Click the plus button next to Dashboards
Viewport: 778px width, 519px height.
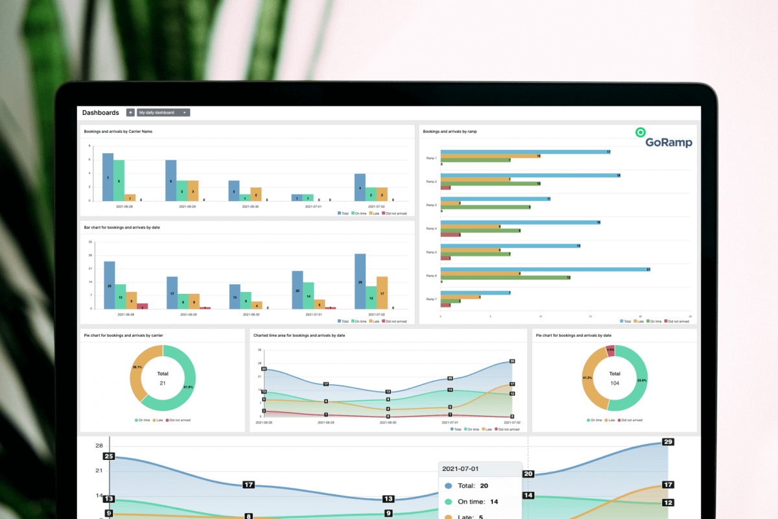tap(130, 112)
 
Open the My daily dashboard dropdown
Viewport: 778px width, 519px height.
tap(163, 112)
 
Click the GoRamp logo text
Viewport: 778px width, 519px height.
tap(668, 143)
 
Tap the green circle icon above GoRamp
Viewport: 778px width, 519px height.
tap(641, 132)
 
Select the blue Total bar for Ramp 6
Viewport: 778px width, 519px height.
tap(545, 269)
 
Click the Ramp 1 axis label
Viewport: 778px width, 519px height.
tap(431, 158)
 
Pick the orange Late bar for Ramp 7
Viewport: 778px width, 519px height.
tap(460, 296)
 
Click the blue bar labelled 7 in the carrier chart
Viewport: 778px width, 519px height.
tap(108, 177)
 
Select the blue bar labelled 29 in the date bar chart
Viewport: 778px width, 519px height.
tap(360, 282)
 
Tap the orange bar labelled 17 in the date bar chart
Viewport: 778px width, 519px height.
tap(382, 293)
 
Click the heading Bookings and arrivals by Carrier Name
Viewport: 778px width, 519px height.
tap(118, 132)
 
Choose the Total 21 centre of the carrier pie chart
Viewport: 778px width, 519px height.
tap(163, 378)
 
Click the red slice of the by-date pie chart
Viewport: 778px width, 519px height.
tap(610, 350)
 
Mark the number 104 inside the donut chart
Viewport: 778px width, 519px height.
tap(614, 383)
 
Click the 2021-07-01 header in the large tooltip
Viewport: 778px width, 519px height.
tap(460, 468)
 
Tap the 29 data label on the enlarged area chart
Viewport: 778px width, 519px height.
tap(668, 442)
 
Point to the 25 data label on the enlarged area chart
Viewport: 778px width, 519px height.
tap(109, 457)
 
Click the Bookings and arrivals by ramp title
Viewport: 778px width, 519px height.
tap(450, 132)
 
